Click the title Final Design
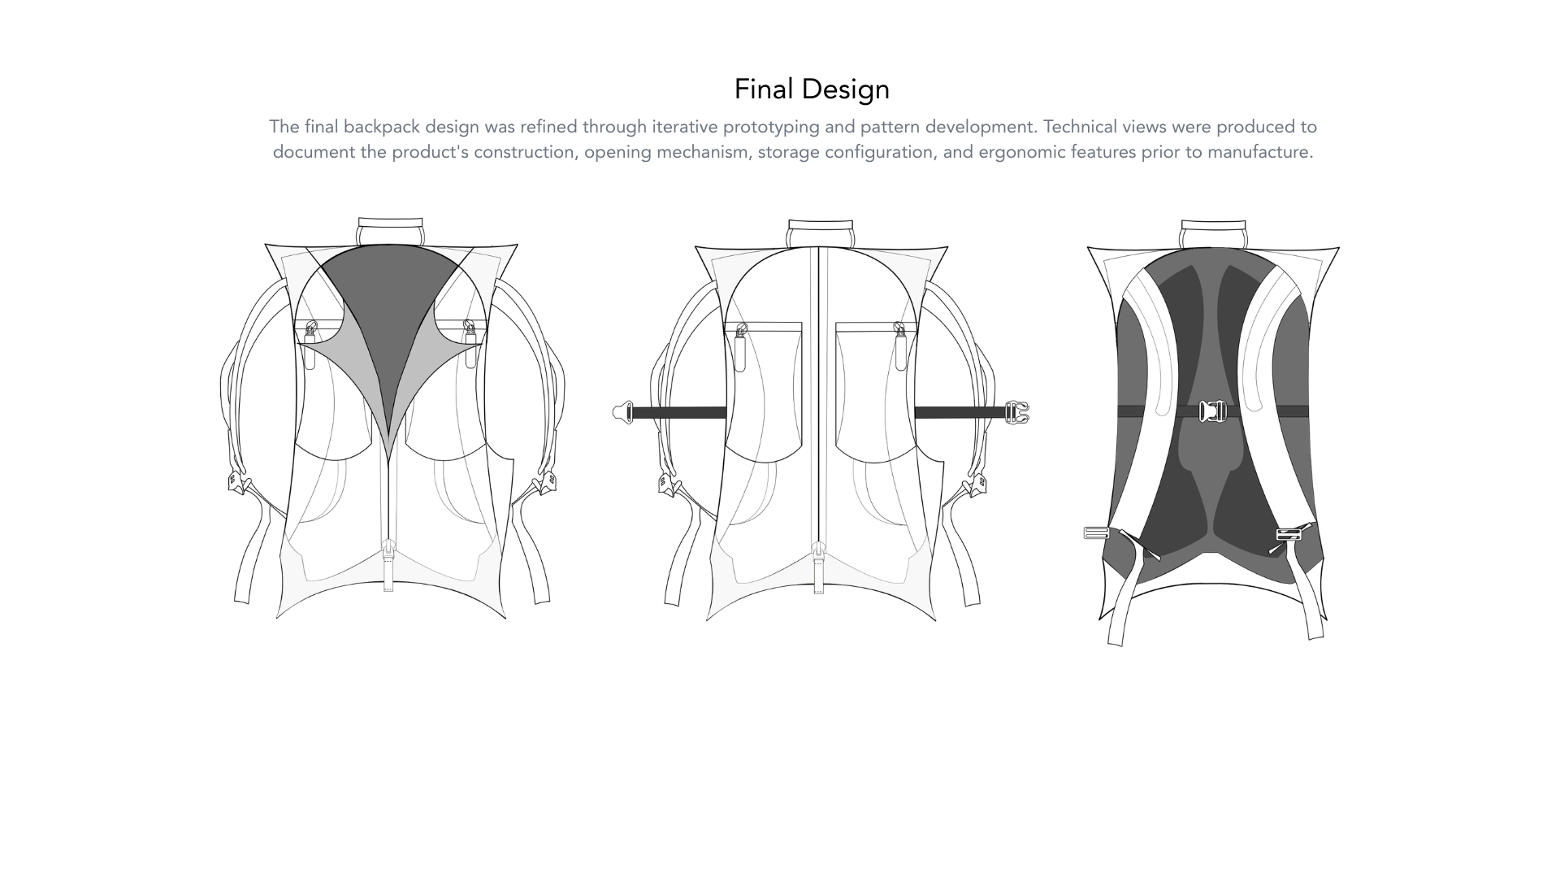pyautogui.click(x=812, y=89)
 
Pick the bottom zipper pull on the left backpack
pyautogui.click(x=388, y=565)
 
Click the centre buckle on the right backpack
pyautogui.click(x=1213, y=411)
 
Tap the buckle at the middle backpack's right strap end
pyautogui.click(x=1017, y=412)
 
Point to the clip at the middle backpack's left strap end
pyautogui.click(x=623, y=412)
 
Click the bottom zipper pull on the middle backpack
pyautogui.click(x=818, y=567)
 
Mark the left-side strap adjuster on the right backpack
pyautogui.click(x=1097, y=533)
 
